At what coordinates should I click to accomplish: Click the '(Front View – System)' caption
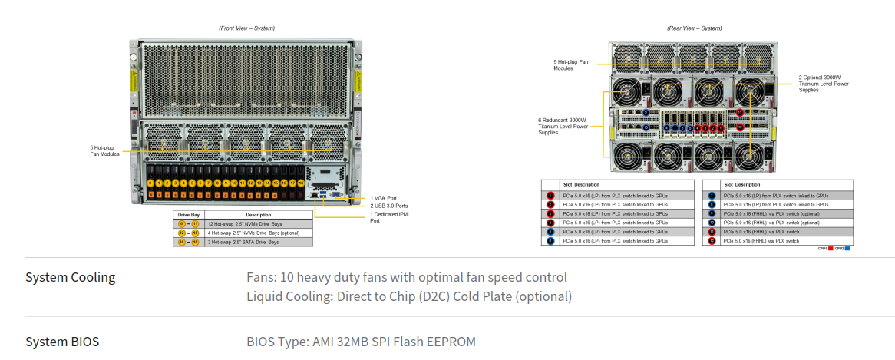click(x=246, y=28)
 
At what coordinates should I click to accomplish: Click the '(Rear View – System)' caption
click(x=694, y=28)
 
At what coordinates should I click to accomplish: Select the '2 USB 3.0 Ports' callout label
click(x=388, y=206)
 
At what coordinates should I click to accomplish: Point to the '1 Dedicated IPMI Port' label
click(x=388, y=217)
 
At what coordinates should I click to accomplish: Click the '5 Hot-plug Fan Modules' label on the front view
click(x=105, y=150)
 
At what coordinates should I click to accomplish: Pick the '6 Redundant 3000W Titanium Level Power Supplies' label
click(x=563, y=127)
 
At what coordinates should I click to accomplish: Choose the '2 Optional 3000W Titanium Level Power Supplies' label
click(x=824, y=84)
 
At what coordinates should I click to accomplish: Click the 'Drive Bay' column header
click(x=189, y=215)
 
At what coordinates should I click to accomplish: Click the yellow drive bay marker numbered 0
click(x=150, y=183)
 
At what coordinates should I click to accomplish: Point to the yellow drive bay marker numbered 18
click(x=301, y=183)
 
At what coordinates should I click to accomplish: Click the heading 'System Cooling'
click(x=71, y=277)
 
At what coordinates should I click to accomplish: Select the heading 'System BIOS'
click(x=62, y=342)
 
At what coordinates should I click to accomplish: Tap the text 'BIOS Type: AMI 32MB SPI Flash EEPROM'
click(x=361, y=342)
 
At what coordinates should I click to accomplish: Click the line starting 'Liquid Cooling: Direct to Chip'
click(x=408, y=296)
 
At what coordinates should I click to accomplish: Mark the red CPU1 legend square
click(x=831, y=249)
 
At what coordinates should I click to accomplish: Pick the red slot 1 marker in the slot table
click(x=550, y=196)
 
